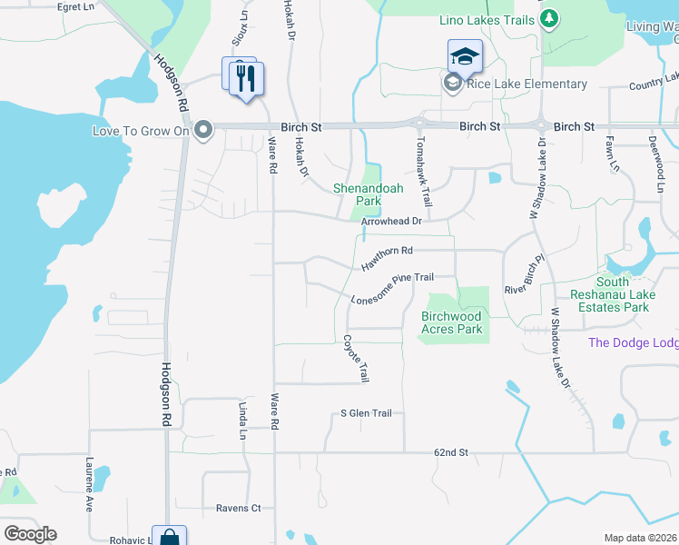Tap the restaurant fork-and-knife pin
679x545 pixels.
[245, 78]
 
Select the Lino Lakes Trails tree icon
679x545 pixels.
[547, 19]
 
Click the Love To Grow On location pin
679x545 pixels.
[204, 131]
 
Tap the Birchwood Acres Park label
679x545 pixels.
[452, 322]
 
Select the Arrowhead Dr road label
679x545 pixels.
[392, 221]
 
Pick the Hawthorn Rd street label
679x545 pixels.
[387, 256]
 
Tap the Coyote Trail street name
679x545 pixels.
[356, 358]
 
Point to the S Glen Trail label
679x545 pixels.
[366, 413]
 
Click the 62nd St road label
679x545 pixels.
[450, 451]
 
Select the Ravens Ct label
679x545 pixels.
[238, 508]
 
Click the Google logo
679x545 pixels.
[30, 534]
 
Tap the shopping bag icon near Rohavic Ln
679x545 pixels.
[169, 537]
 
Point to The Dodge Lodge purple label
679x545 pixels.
[633, 342]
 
